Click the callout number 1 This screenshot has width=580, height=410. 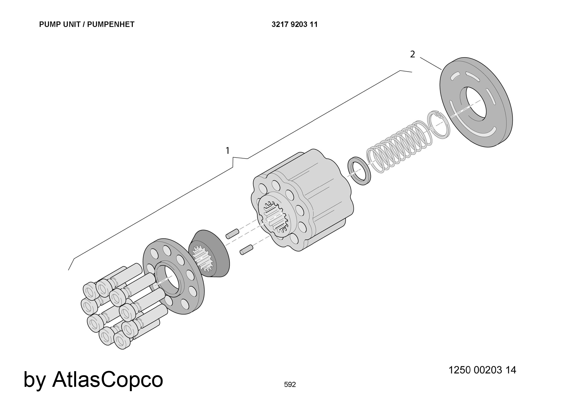click(228, 151)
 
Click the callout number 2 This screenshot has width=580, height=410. click(412, 54)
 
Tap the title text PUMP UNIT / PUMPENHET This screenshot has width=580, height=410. click(87, 24)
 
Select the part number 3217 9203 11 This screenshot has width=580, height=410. click(294, 24)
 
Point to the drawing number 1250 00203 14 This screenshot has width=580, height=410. click(482, 370)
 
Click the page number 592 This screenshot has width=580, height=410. click(290, 384)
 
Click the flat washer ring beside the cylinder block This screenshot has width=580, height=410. click(359, 171)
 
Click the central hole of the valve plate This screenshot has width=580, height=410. click(476, 103)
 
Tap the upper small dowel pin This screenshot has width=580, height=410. click(232, 233)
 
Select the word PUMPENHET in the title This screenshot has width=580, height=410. click(111, 24)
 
